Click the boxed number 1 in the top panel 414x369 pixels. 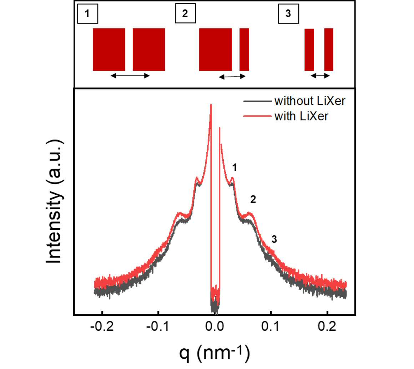pos(88,14)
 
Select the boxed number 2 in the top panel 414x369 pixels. pos(185,13)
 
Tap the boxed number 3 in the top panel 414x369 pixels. pos(289,14)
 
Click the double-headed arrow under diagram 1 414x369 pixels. pos(130,76)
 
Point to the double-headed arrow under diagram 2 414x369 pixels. pos(232,77)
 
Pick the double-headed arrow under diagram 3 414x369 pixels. pos(320,76)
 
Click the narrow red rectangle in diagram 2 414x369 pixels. pos(244,49)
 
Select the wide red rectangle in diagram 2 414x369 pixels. pos(216,49)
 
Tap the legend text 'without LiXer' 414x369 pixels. pos(310,101)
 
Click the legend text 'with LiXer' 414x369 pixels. pos(301,116)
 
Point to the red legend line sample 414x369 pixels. pos(257,116)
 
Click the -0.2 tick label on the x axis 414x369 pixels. pos(102,327)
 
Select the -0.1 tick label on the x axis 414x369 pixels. pos(158,327)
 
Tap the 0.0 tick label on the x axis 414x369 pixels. pos(214,327)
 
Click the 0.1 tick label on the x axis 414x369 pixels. pos(271,327)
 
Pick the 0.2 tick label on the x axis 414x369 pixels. pos(327,327)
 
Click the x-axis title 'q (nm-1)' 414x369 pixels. pos(214,353)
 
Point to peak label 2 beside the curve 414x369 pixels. pos(253,199)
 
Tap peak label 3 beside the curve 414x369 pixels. pos(274,239)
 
